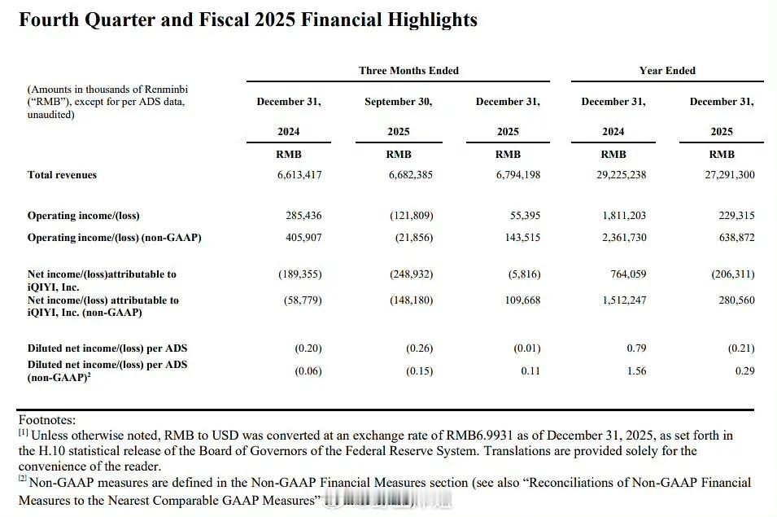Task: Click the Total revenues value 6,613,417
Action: [299, 175]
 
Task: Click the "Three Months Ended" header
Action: [408, 71]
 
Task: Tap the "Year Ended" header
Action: [667, 71]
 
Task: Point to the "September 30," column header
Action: [398, 102]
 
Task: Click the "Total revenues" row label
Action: [62, 175]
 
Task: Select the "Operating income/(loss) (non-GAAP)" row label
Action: [114, 238]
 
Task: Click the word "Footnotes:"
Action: [47, 420]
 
